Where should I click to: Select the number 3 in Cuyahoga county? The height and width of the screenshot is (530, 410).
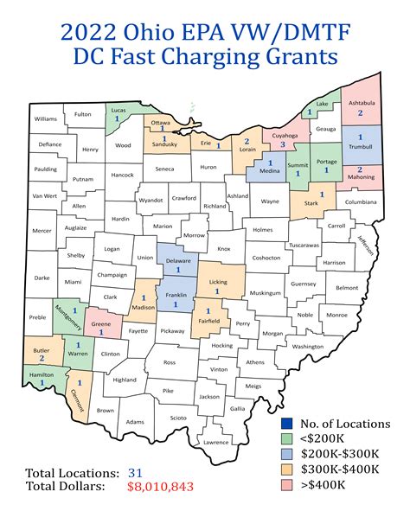click(x=282, y=145)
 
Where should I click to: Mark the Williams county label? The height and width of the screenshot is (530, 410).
click(x=45, y=118)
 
